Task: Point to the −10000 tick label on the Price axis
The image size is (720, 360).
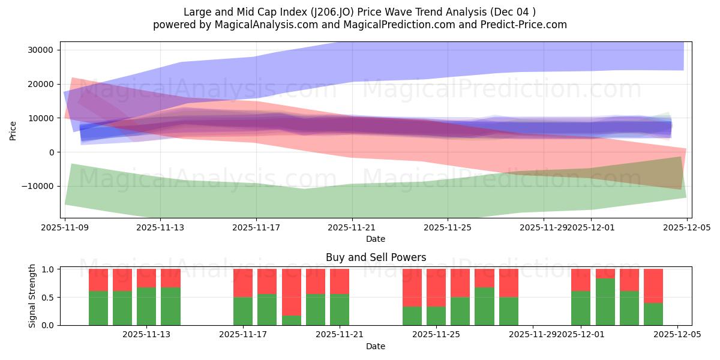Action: pyautogui.click(x=37, y=186)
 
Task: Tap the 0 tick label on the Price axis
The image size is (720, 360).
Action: pyautogui.click(x=51, y=152)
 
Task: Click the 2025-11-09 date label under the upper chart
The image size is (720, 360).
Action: pyautogui.click(x=65, y=227)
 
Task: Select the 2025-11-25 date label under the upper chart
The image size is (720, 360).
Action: pyautogui.click(x=448, y=227)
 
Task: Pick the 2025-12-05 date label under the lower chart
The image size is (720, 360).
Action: pyautogui.click(x=677, y=335)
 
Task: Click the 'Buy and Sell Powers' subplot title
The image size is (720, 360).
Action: pyautogui.click(x=376, y=257)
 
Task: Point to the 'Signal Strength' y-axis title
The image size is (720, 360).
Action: pyautogui.click(x=32, y=296)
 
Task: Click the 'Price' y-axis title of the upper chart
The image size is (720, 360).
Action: pyautogui.click(x=13, y=130)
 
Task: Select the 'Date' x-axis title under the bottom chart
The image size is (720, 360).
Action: pyautogui.click(x=376, y=346)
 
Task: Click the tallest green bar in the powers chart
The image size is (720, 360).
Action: pyautogui.click(x=605, y=302)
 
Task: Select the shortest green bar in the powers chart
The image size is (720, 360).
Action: pyautogui.click(x=291, y=320)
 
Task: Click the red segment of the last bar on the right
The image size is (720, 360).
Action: pyautogui.click(x=653, y=286)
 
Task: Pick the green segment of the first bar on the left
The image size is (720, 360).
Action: pyautogui.click(x=98, y=308)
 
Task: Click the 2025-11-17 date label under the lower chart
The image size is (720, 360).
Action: pyautogui.click(x=244, y=335)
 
